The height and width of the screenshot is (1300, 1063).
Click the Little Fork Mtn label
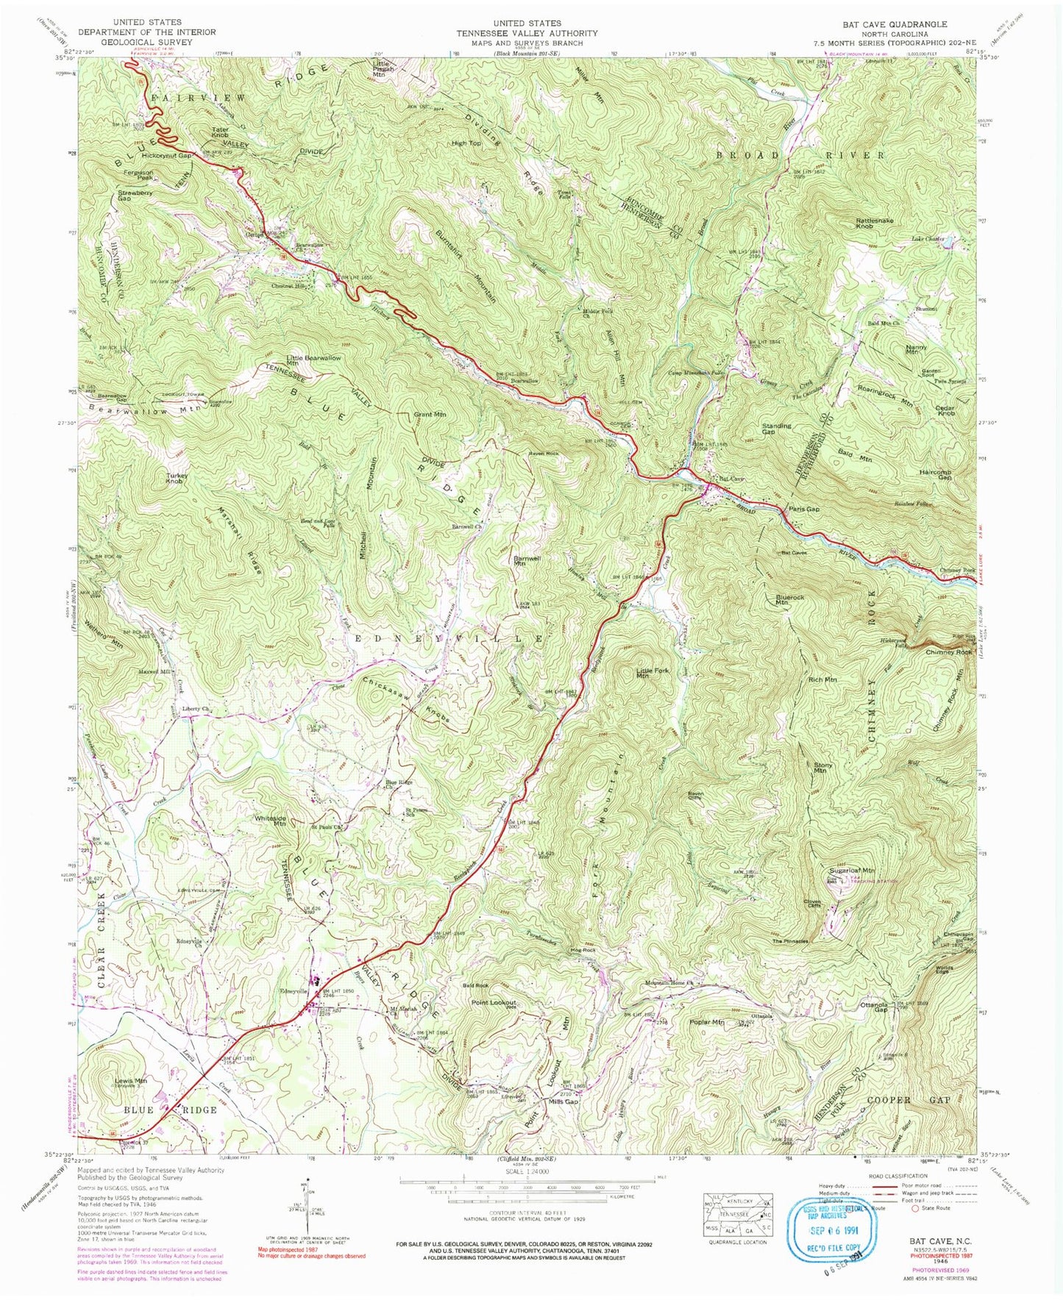point(653,674)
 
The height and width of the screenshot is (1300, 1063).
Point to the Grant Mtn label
point(430,415)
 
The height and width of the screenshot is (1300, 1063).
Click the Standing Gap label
point(777,428)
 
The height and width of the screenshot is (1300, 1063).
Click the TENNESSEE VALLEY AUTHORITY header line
point(527,33)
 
